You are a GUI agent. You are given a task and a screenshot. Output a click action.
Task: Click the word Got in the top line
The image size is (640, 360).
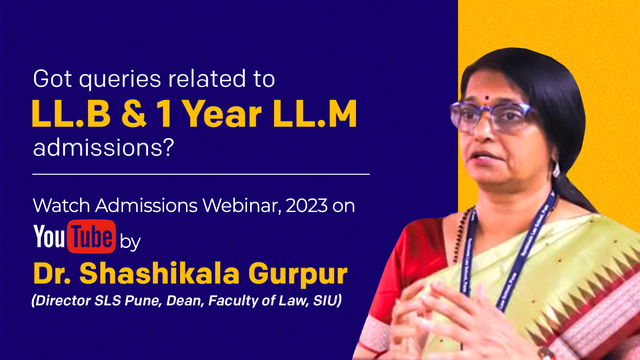click(53, 79)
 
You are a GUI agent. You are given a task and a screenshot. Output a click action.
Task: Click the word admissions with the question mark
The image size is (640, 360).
click(104, 147)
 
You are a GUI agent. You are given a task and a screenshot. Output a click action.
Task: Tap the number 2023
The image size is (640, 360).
click(307, 205)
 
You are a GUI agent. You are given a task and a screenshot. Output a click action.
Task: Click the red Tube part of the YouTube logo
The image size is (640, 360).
click(92, 236)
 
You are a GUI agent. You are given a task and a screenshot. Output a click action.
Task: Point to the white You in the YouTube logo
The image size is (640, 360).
click(49, 236)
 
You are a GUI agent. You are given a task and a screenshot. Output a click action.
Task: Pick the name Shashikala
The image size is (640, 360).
click(159, 273)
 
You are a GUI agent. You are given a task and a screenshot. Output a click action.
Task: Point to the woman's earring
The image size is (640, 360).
click(556, 170)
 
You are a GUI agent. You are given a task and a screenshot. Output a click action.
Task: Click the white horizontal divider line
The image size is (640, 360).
click(201, 174)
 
